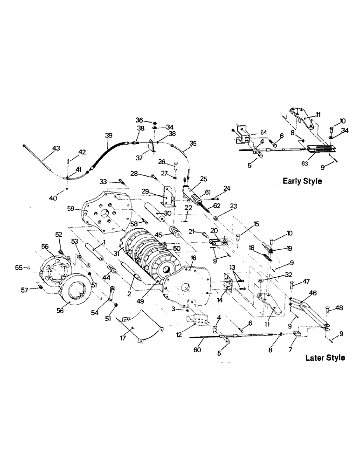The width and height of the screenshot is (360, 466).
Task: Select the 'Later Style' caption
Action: click(x=325, y=358)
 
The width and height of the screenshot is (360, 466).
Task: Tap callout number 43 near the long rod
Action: click(x=55, y=148)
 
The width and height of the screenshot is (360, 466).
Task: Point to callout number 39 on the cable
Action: click(x=108, y=135)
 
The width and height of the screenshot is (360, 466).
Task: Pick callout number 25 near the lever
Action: click(x=203, y=179)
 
